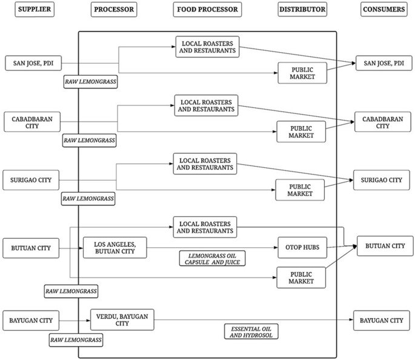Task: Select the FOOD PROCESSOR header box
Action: pyautogui.click(x=207, y=10)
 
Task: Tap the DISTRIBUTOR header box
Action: pyautogui.click(x=302, y=10)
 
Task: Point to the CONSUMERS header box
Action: pyautogui.click(x=383, y=10)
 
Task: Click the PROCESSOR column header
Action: pyautogui.click(x=114, y=10)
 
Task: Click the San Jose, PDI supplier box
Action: pyautogui.click(x=33, y=62)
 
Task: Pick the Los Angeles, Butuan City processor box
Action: pyautogui.click(x=115, y=247)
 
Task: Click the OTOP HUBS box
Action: pyautogui.click(x=302, y=247)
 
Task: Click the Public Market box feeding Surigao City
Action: pyautogui.click(x=300, y=190)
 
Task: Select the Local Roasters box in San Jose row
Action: pyautogui.click(x=207, y=47)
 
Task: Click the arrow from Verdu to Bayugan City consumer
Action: pyautogui.click(x=254, y=320)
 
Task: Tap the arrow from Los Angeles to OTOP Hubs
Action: pyautogui.click(x=212, y=247)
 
